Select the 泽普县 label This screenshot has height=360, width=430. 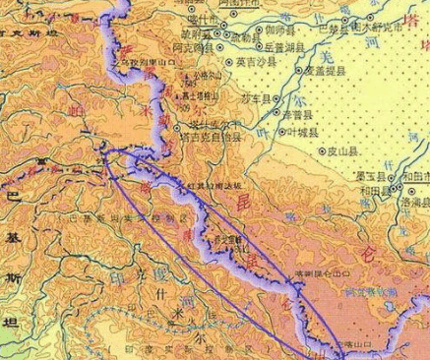coord(299,115)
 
